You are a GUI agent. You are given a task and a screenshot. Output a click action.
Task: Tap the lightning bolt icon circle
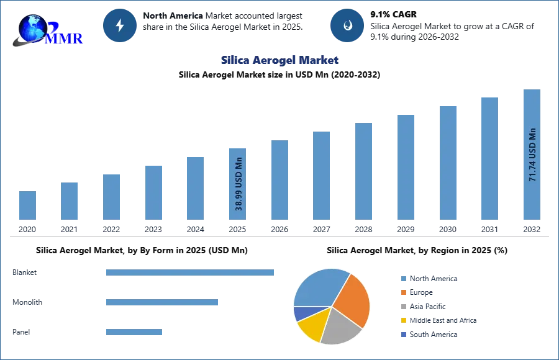tap(120, 25)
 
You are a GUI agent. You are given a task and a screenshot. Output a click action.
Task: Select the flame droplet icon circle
tap(347, 25)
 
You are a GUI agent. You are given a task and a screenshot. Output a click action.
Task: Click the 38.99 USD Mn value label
tap(239, 184)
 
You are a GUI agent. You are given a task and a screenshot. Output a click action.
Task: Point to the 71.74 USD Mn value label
tap(532, 155)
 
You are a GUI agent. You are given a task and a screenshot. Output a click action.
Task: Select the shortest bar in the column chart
tap(27, 205)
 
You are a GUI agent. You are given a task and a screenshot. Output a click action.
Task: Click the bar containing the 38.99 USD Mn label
tap(239, 183)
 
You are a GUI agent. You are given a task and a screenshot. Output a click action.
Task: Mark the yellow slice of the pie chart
tap(312, 328)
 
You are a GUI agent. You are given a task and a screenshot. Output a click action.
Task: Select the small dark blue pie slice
tap(301, 313)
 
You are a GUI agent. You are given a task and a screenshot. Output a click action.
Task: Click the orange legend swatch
tap(403, 292)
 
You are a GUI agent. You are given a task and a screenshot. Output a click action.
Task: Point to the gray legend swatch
tap(403, 307)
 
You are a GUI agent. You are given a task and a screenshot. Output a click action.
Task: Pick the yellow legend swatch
tap(403, 320)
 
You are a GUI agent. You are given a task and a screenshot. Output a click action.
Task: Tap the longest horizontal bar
tap(191, 273)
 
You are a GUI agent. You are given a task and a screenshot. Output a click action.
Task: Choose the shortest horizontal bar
tap(134, 333)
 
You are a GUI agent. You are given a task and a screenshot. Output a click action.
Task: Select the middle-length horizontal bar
tap(161, 303)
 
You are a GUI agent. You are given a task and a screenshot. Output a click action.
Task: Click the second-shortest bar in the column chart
tap(70, 200)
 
